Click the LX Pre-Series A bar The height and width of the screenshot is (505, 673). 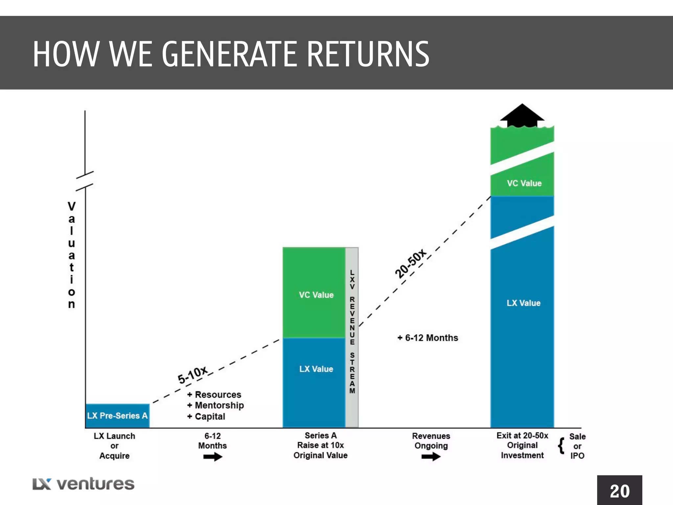(117, 416)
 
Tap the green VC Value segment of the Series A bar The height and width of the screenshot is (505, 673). (314, 293)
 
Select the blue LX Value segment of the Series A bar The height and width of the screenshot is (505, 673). (314, 381)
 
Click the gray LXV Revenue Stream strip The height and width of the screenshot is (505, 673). (352, 337)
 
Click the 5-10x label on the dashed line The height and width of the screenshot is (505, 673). (193, 374)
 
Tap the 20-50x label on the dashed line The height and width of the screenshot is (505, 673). (410, 264)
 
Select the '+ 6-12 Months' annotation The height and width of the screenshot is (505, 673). (428, 338)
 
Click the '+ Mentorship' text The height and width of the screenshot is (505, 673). (216, 405)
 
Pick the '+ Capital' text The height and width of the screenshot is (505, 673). (206, 416)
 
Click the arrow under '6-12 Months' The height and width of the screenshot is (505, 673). (213, 457)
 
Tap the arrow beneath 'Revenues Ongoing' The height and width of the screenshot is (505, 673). (431, 456)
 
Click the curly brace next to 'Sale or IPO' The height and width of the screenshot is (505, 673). (561, 445)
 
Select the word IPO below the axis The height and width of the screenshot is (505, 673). (577, 456)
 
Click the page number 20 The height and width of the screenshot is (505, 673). (619, 491)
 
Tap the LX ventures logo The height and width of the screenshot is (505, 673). (83, 484)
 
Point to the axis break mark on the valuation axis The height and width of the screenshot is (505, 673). (85, 181)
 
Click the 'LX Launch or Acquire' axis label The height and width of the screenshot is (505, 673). (114, 446)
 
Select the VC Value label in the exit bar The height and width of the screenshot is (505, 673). (524, 183)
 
